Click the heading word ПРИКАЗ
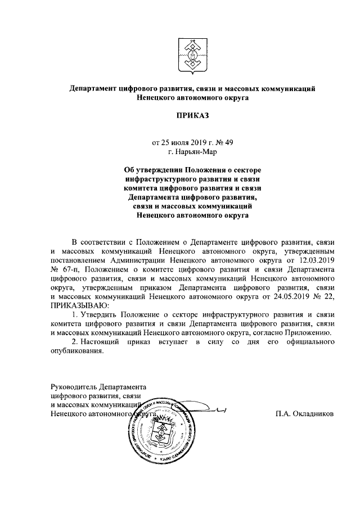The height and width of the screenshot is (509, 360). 190,116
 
